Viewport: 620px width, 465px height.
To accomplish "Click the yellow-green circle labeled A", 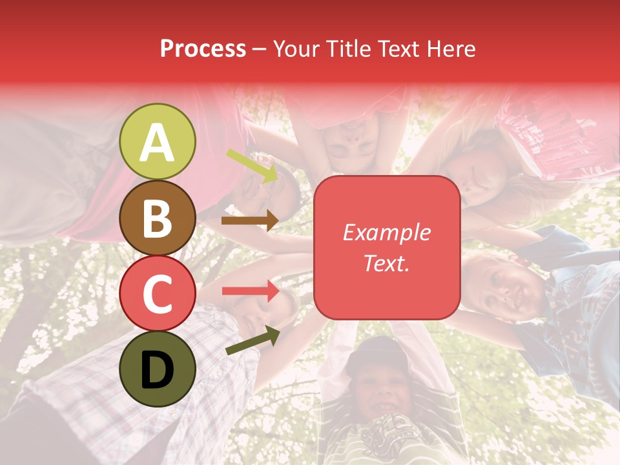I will (158, 141).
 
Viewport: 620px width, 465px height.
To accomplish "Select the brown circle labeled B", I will (158, 218).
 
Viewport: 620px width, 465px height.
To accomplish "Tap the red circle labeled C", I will (158, 293).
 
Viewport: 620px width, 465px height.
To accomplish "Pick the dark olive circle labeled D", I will (158, 369).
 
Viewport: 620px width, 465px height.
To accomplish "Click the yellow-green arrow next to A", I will (252, 165).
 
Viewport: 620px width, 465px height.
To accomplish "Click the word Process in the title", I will (203, 48).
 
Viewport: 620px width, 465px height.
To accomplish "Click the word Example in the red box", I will (386, 232).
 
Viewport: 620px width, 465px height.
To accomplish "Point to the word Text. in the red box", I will (386, 263).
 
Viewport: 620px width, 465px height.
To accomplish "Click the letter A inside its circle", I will (158, 142).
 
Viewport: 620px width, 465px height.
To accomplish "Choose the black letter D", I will (158, 370).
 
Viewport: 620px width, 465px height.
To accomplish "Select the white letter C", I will (158, 294).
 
